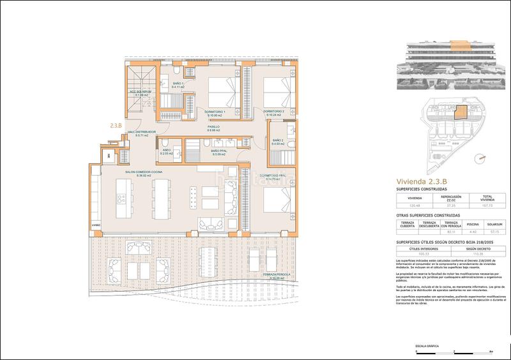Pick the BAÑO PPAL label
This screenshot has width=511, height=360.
click(220, 152)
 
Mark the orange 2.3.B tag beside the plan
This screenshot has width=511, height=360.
click(116, 126)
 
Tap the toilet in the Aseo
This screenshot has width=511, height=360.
click(164, 143)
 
